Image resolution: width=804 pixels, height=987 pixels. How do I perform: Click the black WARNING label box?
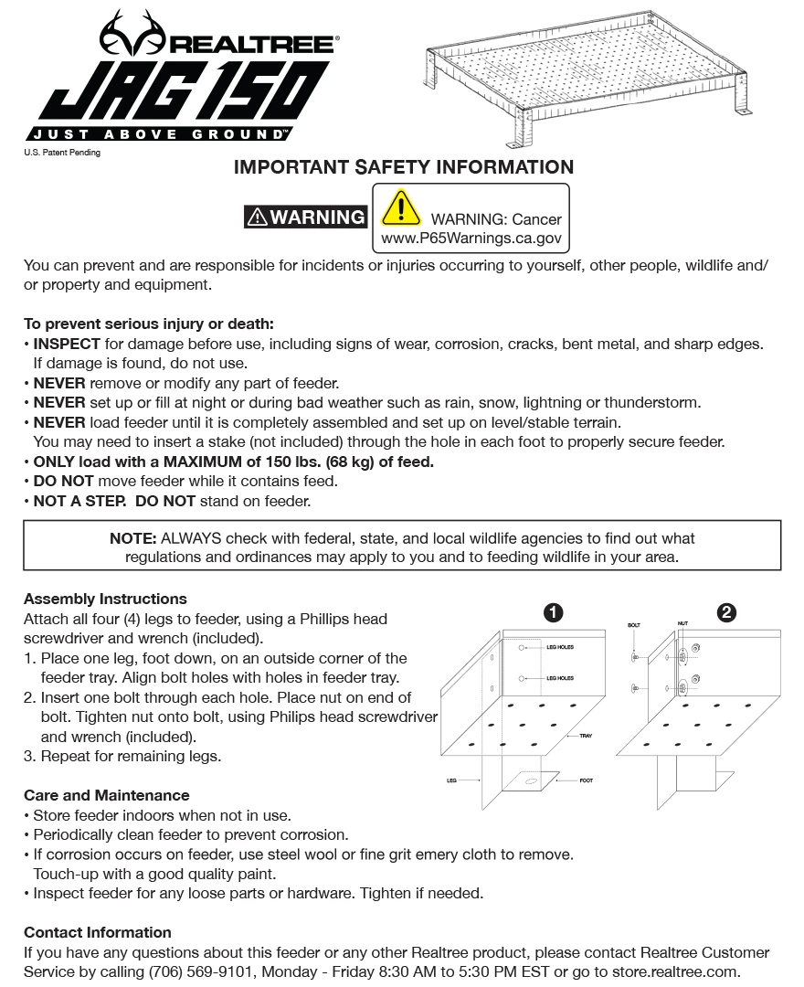[x=306, y=218]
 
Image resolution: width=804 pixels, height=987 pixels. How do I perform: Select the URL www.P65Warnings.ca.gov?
[x=471, y=239]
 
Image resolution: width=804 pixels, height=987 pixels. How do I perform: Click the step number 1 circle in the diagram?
[x=553, y=613]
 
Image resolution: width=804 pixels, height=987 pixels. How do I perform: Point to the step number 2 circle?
[x=727, y=613]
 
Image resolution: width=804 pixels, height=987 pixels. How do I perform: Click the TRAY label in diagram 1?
[x=585, y=736]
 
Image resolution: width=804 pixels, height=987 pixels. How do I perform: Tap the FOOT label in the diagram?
[x=587, y=781]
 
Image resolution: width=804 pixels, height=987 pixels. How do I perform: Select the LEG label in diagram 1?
[x=451, y=781]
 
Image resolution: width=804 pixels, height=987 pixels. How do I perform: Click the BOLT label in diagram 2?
[x=634, y=626]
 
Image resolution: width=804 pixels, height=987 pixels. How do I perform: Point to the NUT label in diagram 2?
[x=682, y=623]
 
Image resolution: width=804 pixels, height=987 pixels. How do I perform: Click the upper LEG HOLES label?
[x=559, y=648]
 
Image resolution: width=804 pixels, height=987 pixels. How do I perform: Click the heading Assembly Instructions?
[x=105, y=600]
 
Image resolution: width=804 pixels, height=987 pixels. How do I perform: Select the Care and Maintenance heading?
[x=107, y=796]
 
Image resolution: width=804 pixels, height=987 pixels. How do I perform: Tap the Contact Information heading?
[x=98, y=933]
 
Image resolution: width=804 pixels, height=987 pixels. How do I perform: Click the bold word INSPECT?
[x=67, y=344]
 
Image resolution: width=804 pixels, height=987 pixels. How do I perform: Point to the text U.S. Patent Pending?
[x=62, y=153]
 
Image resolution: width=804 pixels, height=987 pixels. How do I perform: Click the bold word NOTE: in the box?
[x=133, y=538]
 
